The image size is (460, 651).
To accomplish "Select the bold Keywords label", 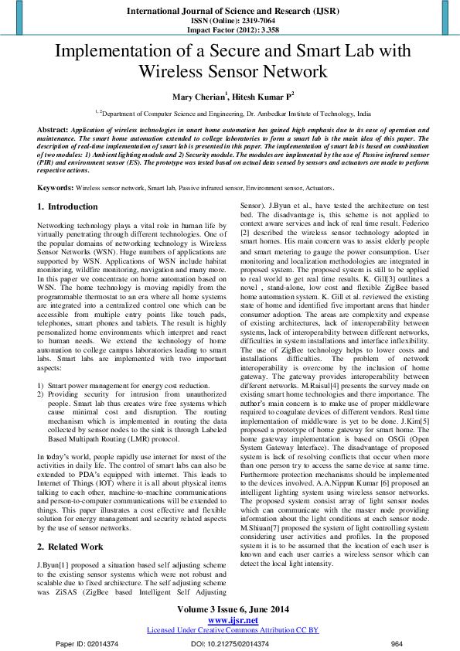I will [55, 188].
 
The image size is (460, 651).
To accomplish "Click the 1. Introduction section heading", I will [68, 207].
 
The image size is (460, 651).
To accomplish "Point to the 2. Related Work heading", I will [70, 546].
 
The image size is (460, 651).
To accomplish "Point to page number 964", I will [397, 643].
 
